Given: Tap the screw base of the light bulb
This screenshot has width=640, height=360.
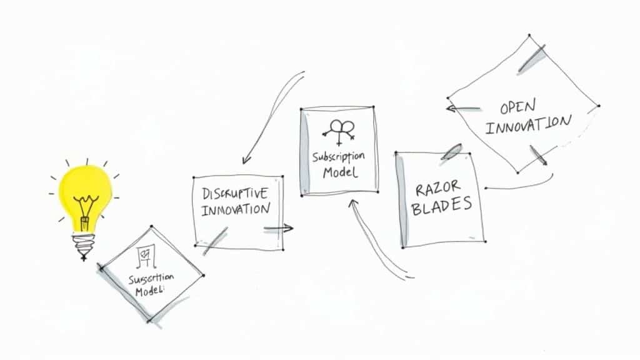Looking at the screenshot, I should (x=84, y=242).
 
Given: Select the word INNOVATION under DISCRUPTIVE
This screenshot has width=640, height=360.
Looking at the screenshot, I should (x=236, y=209).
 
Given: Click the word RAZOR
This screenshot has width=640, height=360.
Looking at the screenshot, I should (x=440, y=187).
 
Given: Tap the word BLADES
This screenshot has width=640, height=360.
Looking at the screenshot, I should (x=442, y=206).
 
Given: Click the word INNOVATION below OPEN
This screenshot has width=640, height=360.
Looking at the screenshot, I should (x=528, y=124).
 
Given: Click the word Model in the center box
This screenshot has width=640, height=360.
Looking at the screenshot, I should (x=340, y=172).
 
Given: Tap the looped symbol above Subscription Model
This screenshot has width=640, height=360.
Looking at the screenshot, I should (x=340, y=130).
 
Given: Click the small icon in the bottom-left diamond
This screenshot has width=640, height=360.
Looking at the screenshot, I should (x=146, y=254).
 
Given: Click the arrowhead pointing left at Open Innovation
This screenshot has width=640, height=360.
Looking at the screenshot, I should (x=450, y=108).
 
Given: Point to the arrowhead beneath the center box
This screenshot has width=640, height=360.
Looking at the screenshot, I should (x=354, y=202).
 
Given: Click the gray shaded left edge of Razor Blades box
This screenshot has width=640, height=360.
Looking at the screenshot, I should (x=401, y=200).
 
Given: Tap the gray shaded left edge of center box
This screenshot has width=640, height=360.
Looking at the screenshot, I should (x=305, y=153).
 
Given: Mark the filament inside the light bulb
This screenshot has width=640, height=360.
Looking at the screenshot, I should (x=84, y=207).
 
